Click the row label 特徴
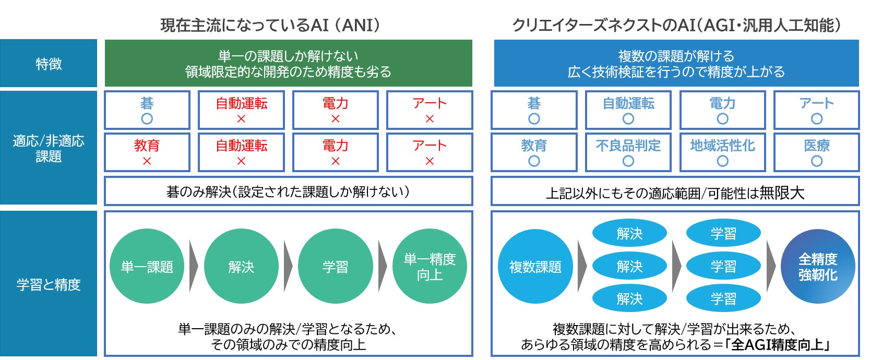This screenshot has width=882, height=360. point(49,64)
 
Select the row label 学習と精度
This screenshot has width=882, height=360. point(49,284)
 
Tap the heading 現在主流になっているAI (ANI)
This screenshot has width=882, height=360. point(270,25)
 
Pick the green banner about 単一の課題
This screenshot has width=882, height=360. point(288,64)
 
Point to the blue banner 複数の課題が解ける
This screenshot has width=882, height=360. point(676,64)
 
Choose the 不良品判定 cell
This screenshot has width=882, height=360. point(628,152)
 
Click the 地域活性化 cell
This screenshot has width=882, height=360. point(722,152)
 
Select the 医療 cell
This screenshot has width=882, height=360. point(817,152)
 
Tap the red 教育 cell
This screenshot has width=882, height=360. point(147,152)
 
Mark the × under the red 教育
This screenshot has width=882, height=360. point(147,162)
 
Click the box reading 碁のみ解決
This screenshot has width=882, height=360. point(288,191)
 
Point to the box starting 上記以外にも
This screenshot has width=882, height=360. point(675,193)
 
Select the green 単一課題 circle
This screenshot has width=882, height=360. point(147,267)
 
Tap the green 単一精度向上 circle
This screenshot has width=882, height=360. point(430,267)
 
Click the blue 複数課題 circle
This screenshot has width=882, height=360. point(535,267)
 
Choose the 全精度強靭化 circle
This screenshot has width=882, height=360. point(818,267)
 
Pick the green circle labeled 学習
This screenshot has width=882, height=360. point(335,267)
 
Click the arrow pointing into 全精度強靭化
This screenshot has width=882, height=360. point(771,266)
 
